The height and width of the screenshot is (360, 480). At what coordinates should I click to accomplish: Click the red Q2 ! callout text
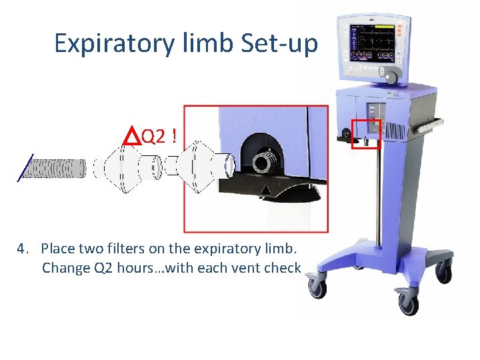click(x=159, y=137)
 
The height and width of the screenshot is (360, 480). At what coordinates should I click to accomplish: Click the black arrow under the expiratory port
click(x=265, y=191)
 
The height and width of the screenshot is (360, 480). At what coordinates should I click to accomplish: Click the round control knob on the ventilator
click(x=392, y=79)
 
